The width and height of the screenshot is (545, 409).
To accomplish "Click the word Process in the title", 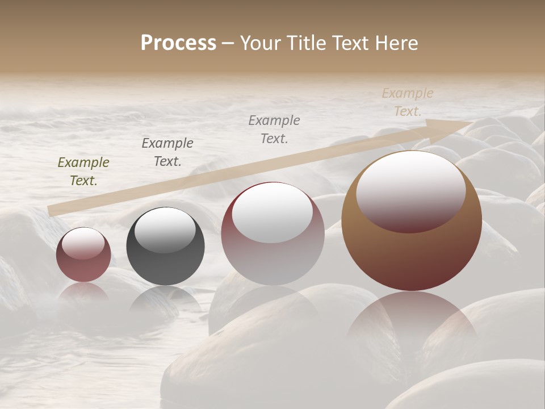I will click(178, 43).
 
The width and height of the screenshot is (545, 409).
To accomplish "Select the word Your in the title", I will click(261, 43).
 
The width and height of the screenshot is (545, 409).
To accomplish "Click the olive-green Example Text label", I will click(83, 172).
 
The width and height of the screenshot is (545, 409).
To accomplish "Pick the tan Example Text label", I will click(408, 102).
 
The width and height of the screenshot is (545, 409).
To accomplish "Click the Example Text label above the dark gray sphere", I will click(167, 152).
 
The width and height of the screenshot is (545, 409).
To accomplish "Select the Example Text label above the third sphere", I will click(274, 129).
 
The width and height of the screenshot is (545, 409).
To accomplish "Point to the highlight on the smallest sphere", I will click(83, 243).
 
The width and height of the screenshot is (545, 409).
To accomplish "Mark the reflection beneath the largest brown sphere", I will click(412, 324).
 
